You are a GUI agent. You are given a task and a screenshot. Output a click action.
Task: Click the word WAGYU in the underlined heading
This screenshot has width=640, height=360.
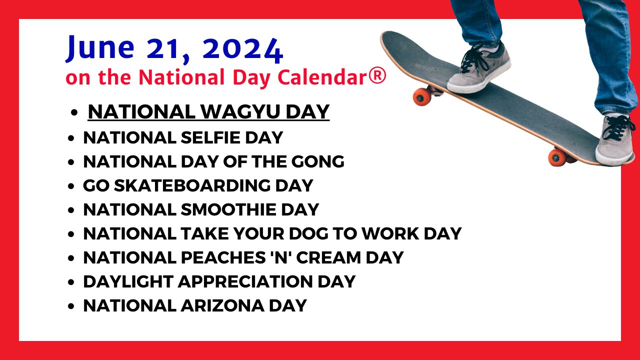[x=240, y=111]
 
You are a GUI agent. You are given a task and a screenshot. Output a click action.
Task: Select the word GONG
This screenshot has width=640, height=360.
[x=317, y=161]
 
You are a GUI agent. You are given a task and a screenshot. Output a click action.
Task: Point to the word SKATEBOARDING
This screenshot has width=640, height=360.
[x=192, y=185]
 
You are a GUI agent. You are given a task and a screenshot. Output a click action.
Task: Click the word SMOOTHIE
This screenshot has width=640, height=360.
[x=228, y=209]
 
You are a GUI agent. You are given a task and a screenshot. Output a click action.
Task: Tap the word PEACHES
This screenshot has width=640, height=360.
[x=223, y=257]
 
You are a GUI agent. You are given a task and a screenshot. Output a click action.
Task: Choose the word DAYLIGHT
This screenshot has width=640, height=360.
[x=128, y=281]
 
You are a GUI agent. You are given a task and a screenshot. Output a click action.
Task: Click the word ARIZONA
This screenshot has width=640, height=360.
[x=222, y=305]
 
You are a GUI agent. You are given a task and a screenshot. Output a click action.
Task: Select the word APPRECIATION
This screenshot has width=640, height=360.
[x=245, y=281]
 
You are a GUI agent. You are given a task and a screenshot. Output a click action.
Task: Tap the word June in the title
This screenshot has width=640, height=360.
[x=100, y=47]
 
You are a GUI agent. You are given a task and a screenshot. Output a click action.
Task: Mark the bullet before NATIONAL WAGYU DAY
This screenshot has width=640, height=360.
[x=74, y=112]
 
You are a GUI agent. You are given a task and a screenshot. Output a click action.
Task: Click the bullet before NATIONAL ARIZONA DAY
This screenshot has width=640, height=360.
[x=71, y=306]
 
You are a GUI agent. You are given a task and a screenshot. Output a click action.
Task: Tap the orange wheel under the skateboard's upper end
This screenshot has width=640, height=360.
[x=422, y=97]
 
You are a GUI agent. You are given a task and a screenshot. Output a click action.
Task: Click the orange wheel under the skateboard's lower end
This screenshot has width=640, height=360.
[x=557, y=157]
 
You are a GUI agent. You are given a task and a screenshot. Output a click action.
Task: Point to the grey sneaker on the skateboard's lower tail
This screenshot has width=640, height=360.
[x=615, y=139]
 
